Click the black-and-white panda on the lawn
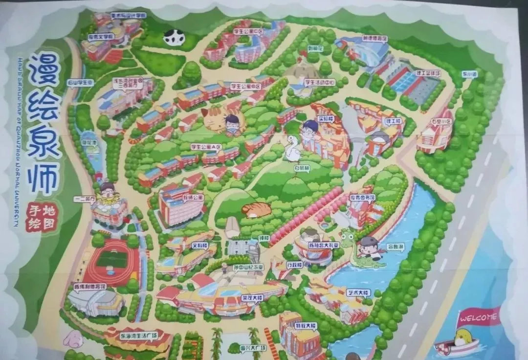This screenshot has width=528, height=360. coord(174,37)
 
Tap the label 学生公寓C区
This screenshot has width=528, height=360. coord(248,31)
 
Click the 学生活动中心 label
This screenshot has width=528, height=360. coord(320,82)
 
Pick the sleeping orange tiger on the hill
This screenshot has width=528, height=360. coord(256,209)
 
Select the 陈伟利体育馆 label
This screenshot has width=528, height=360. coord(90,287)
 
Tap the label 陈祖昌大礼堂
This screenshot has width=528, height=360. coord(329,246)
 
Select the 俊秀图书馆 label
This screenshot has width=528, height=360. coord(362,198)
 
